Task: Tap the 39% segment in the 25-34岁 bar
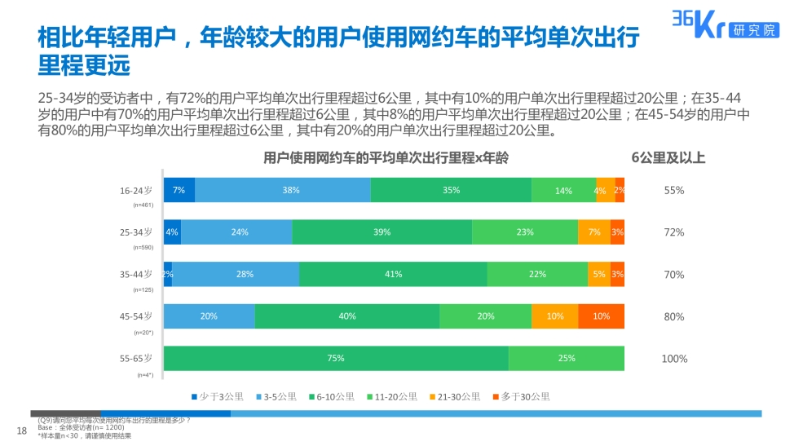[382, 232]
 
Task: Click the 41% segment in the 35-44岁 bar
[393, 274]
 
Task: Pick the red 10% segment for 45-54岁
[602, 316]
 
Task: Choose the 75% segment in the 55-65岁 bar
[336, 358]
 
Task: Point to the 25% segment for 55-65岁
[567, 358]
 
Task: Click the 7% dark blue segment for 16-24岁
[179, 190]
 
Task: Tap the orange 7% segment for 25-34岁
[594, 232]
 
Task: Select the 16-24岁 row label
[136, 190]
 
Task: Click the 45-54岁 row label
[136, 316]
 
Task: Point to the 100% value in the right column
[674, 359]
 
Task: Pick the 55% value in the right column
[674, 191]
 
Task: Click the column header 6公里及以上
[668, 158]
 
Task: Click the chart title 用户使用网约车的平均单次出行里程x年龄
[386, 158]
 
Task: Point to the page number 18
[23, 430]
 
